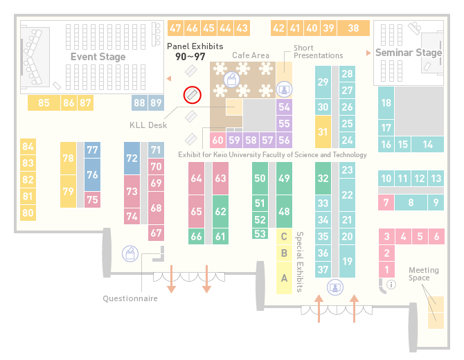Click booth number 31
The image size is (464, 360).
tap(323, 132)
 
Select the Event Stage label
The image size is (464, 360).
tap(98, 57)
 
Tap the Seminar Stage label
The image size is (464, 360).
tap(409, 53)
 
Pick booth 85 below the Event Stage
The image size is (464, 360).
tap(44, 102)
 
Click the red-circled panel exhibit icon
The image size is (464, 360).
tap(193, 95)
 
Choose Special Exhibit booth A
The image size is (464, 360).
tap(284, 278)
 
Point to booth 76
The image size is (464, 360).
tap(92, 174)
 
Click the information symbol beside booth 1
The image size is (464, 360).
tap(391, 285)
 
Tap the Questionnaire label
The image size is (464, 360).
tap(130, 298)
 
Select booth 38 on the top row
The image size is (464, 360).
tap(354, 28)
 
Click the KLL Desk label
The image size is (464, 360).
tap(148, 125)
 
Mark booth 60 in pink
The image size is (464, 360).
tap(217, 140)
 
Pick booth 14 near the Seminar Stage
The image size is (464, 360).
tap(427, 145)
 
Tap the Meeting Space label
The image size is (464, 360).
tap(423, 274)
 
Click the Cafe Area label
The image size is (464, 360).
tap(251, 55)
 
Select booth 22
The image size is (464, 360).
tap(347, 195)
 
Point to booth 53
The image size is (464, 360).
tap(260, 234)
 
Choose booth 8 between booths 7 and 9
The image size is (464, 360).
tap(411, 203)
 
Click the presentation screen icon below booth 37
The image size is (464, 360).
tap(335, 287)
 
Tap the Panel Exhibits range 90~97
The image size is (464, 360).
tap(190, 57)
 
